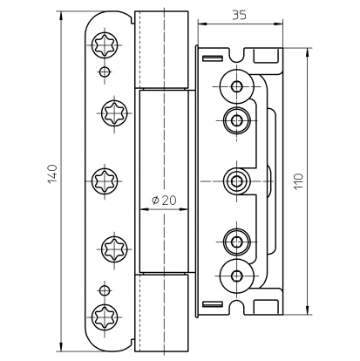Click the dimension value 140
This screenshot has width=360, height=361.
click(52, 174)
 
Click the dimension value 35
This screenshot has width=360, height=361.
click(239, 15)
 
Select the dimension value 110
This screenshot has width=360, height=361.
click(299, 181)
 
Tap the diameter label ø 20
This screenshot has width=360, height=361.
click(164, 200)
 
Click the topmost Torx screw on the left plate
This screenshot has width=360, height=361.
click(105, 45)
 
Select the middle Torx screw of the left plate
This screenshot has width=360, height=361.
click(105, 181)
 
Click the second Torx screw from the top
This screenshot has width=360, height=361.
click(114, 113)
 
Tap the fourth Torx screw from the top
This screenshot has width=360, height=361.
click(114, 249)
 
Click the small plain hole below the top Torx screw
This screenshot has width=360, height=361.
click(105, 72)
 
